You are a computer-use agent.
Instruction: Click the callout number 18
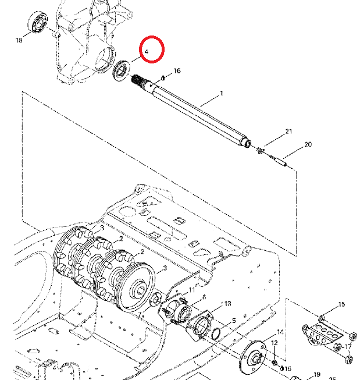[19, 40]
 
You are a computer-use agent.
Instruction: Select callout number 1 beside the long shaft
[221, 94]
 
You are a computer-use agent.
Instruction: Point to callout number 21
[287, 133]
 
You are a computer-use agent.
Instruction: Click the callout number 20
[308, 144]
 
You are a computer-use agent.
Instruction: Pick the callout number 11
[193, 290]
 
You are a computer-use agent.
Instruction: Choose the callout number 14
[280, 332]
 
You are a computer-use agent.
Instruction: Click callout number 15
[341, 304]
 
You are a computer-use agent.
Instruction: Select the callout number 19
[317, 374]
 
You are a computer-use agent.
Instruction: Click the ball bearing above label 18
[38, 22]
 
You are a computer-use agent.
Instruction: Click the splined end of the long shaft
[141, 83]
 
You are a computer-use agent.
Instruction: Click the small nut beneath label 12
[274, 363]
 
